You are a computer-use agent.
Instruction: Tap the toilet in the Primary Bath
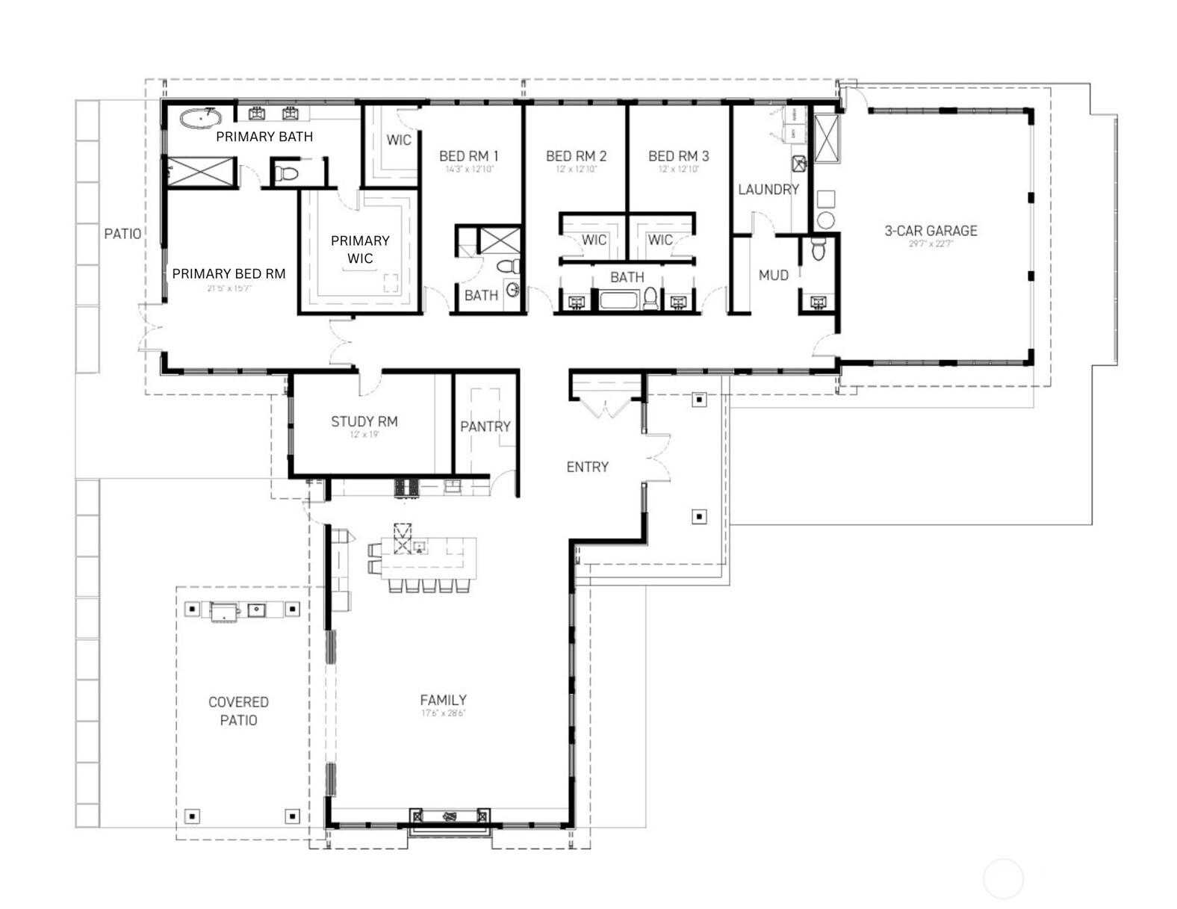tap(286, 174)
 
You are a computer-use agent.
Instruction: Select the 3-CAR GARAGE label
tap(931, 231)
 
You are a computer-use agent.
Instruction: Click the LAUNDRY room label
tap(768, 190)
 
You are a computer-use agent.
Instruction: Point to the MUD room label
tap(773, 276)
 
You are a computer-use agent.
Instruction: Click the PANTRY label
tap(485, 426)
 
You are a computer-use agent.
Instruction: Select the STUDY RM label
tap(364, 421)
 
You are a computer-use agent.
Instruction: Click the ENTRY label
tap(587, 467)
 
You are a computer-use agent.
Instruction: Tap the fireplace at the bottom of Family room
tap(450, 816)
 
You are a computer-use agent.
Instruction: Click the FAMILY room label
tap(443, 700)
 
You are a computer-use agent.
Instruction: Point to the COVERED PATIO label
tap(238, 710)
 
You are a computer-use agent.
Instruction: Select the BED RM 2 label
tap(576, 156)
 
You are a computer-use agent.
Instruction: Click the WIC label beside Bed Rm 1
tap(398, 140)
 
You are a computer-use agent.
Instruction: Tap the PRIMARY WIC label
tap(360, 249)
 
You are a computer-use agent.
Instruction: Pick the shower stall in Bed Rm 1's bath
tap(498, 240)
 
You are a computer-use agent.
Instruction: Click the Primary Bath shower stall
tap(200, 172)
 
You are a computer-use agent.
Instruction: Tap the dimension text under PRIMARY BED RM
tap(229, 288)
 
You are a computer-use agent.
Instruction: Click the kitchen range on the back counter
tap(408, 488)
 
